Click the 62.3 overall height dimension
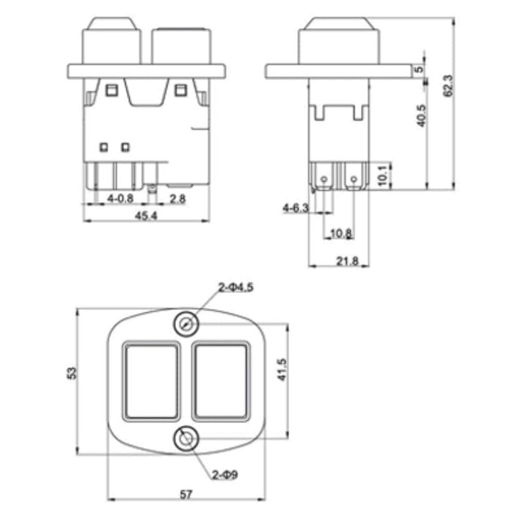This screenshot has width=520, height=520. (447, 84)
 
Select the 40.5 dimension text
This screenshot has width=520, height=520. (422, 115)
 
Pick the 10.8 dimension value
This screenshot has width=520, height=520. (341, 233)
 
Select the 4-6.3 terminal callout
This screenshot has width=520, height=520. (295, 208)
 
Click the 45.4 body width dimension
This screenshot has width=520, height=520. (146, 217)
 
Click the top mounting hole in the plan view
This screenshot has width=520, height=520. (187, 323)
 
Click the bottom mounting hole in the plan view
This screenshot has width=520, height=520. (187, 440)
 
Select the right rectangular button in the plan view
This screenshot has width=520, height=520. (221, 380)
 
